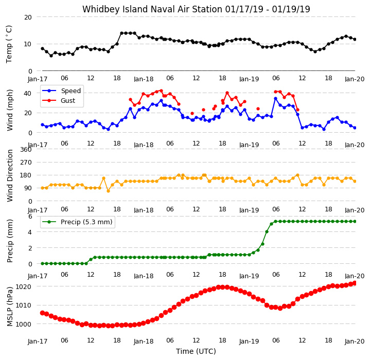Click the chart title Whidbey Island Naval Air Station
point(152,9)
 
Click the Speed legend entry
point(61,91)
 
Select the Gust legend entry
point(59,101)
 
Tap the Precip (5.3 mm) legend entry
point(77,222)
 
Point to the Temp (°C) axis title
point(9,44)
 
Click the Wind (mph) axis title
point(9,110)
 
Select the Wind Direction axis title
point(10,176)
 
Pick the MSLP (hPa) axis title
point(10,307)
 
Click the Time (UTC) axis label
point(196,351)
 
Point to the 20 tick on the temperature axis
point(28,17)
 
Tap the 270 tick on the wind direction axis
point(26,163)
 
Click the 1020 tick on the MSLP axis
point(23,286)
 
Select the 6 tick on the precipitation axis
point(30,216)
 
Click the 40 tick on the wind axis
point(28,94)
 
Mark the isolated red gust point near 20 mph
point(192,113)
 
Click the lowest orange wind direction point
point(108,191)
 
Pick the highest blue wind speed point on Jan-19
point(276,99)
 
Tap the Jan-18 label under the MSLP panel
point(144,341)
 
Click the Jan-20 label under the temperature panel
point(355,79)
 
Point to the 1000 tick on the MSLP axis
point(23,325)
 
